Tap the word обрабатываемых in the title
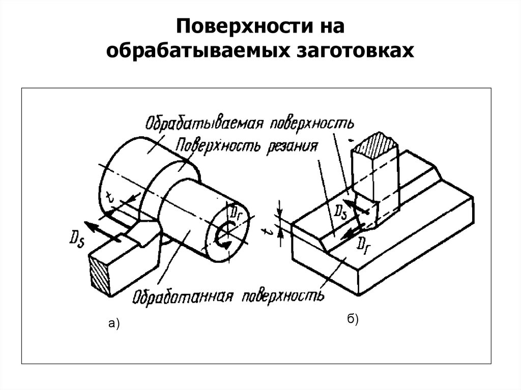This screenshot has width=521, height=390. click(x=201, y=51)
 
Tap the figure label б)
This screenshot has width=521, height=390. click(x=353, y=319)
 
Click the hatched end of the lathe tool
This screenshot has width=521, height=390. click(x=98, y=275)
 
